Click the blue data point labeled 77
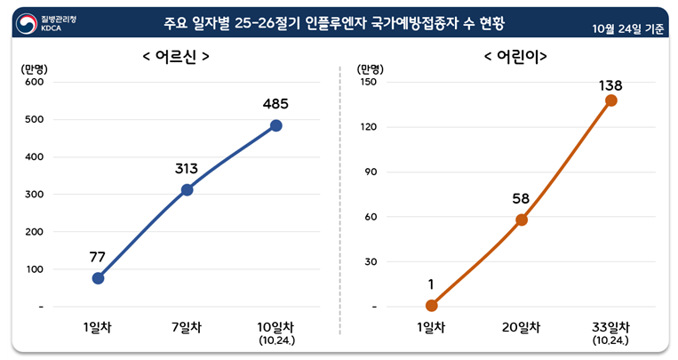pyautogui.click(x=98, y=278)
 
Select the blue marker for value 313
pyautogui.click(x=187, y=189)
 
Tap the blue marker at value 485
pyautogui.click(x=275, y=125)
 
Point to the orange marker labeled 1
pyautogui.click(x=432, y=306)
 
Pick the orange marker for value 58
pyautogui.click(x=522, y=220)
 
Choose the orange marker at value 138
pyautogui.click(x=611, y=100)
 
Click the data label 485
pyautogui.click(x=275, y=104)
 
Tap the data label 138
pyautogui.click(x=610, y=85)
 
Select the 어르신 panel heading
pyautogui.click(x=176, y=57)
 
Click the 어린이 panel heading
pyautogui.click(x=514, y=57)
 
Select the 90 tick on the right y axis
pyautogui.click(x=371, y=172)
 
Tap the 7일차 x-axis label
pyautogui.click(x=187, y=327)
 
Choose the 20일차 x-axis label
pyautogui.click(x=522, y=327)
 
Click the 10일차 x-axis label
pyautogui.click(x=275, y=327)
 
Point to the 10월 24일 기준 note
pyautogui.click(x=628, y=28)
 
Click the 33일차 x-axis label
pyautogui.click(x=611, y=327)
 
